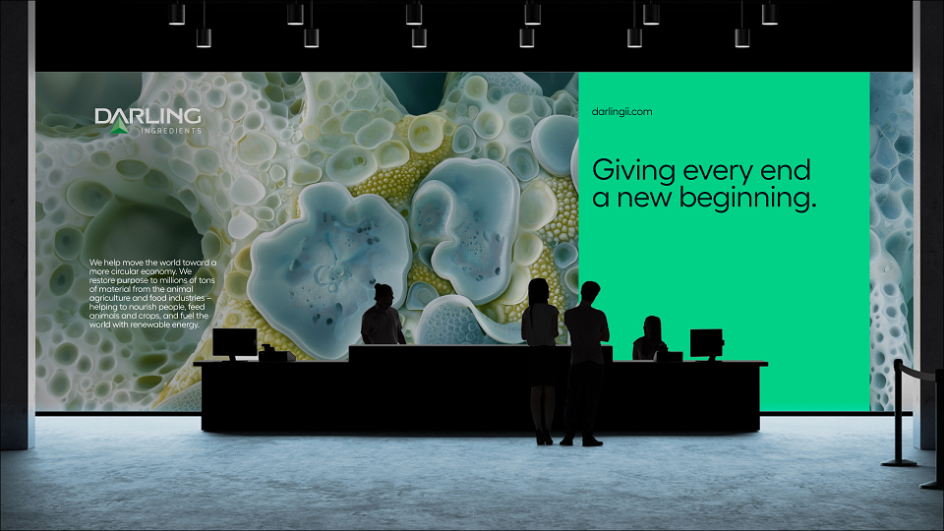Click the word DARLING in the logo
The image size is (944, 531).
[x=147, y=116]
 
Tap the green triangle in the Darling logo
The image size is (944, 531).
[x=119, y=125]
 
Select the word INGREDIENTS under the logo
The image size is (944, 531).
[x=171, y=131]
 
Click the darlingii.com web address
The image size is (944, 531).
[x=621, y=111]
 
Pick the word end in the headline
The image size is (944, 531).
[x=786, y=170]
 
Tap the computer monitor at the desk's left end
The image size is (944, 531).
[x=235, y=344]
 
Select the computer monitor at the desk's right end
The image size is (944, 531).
[x=706, y=344]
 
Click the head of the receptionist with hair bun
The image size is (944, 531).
[x=383, y=294]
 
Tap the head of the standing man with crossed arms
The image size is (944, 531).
[x=589, y=293]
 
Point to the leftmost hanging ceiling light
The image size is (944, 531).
[x=177, y=12]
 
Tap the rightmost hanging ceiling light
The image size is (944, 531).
[x=769, y=12]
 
